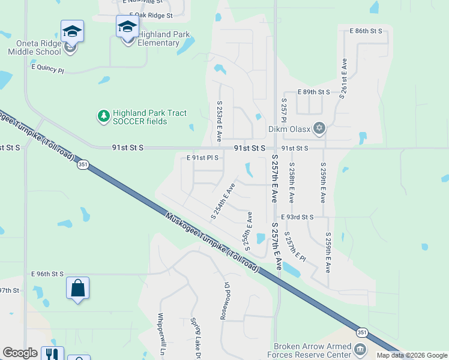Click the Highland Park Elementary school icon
[127, 27]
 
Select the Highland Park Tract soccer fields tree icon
[104, 115]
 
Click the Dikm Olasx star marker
[319, 127]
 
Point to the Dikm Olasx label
[290, 128]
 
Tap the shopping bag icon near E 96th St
[78, 288]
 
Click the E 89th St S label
[314, 92]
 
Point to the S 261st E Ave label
[343, 77]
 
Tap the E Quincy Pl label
[47, 70]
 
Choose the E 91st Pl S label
[202, 158]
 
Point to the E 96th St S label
[47, 274]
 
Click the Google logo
[20, 353]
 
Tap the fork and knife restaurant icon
[52, 355]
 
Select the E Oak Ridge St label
[151, 15]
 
